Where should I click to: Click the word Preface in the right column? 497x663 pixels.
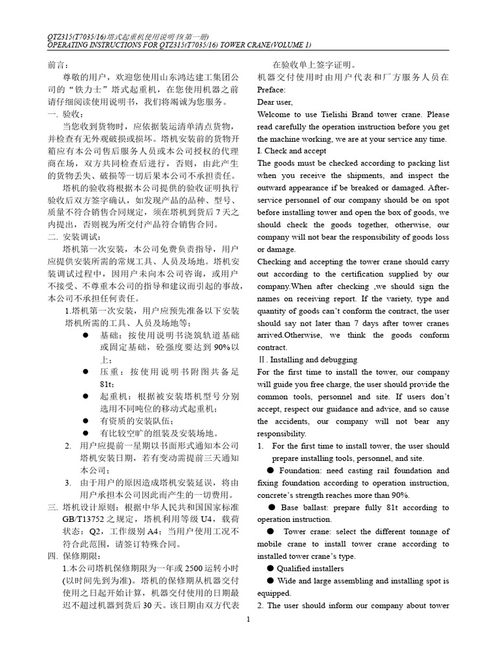271,90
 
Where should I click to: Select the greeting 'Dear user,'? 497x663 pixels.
274,102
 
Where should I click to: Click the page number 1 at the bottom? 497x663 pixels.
248,620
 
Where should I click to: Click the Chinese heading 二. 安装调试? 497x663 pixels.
66,236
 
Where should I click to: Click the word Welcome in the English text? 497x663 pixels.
274,115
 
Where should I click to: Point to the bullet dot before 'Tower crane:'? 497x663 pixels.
272,532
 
